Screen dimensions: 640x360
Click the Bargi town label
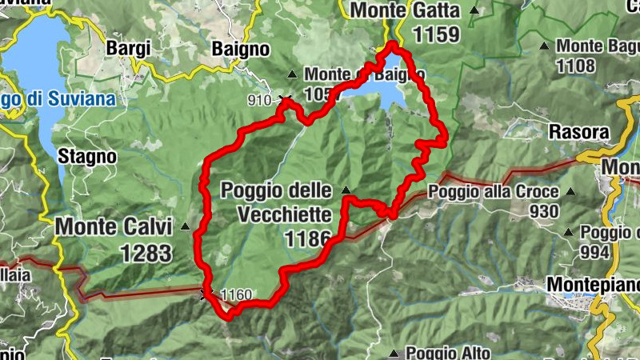point(128,49)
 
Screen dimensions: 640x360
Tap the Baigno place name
point(240,49)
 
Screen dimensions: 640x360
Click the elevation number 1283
point(146,254)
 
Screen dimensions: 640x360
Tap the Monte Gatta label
point(405,10)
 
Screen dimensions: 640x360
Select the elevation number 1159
point(436,34)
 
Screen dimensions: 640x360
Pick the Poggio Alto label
point(444,353)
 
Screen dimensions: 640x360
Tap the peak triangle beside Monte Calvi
point(186,226)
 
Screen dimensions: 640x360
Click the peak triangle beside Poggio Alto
point(393,353)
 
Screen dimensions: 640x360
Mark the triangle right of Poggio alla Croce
point(570,192)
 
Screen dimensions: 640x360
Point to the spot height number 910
point(259,101)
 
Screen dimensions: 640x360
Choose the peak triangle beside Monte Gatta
point(475,10)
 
